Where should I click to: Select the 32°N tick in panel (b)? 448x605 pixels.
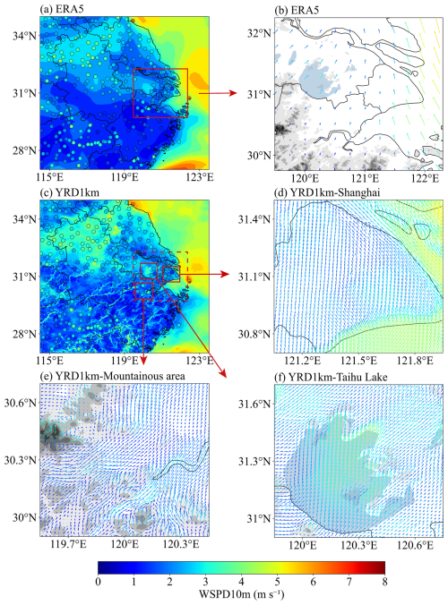pyautogui.click(x=259, y=34)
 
